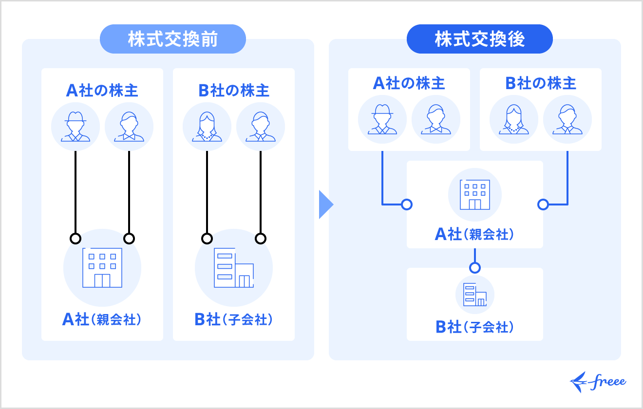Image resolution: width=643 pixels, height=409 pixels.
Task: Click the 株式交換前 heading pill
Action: click(x=172, y=39)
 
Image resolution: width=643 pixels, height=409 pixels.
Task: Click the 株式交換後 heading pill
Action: click(x=479, y=39)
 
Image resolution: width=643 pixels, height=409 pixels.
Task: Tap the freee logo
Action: click(x=598, y=382)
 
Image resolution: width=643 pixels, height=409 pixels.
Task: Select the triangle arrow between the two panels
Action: click(x=325, y=204)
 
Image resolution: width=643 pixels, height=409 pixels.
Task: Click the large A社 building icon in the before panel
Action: click(x=102, y=268)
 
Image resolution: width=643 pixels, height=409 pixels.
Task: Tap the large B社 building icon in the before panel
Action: click(x=234, y=268)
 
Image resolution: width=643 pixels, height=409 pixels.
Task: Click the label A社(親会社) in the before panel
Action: click(x=102, y=319)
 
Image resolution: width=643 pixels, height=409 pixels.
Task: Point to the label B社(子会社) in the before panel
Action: click(x=234, y=319)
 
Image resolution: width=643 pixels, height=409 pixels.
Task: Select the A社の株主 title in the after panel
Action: click(x=409, y=83)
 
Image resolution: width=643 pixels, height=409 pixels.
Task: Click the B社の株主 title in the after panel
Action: click(x=541, y=83)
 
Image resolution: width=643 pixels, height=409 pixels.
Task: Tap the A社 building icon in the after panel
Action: click(x=475, y=194)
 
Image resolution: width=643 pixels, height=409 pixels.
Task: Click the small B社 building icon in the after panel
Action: click(x=475, y=295)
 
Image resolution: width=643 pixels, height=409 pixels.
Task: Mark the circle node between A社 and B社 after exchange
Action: click(x=475, y=267)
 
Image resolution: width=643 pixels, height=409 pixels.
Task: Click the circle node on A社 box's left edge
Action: click(x=407, y=204)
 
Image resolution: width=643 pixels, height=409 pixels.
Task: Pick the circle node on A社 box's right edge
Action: click(x=543, y=204)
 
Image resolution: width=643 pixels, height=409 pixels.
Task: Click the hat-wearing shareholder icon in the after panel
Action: click(x=382, y=119)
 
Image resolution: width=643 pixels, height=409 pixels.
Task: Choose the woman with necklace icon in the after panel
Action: click(x=514, y=119)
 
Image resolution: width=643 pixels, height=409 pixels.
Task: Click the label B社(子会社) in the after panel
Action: click(x=475, y=327)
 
